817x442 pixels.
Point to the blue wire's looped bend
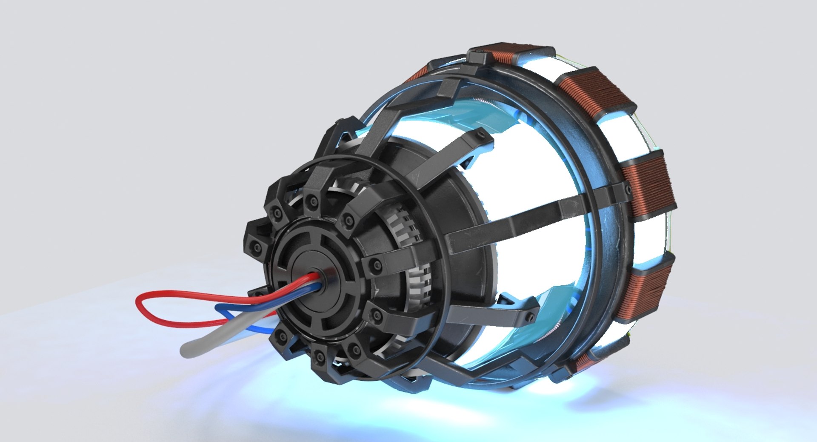click(x=217, y=309)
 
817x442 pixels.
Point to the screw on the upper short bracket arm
click(x=484, y=135)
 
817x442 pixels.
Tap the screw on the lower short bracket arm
click(x=530, y=316)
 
